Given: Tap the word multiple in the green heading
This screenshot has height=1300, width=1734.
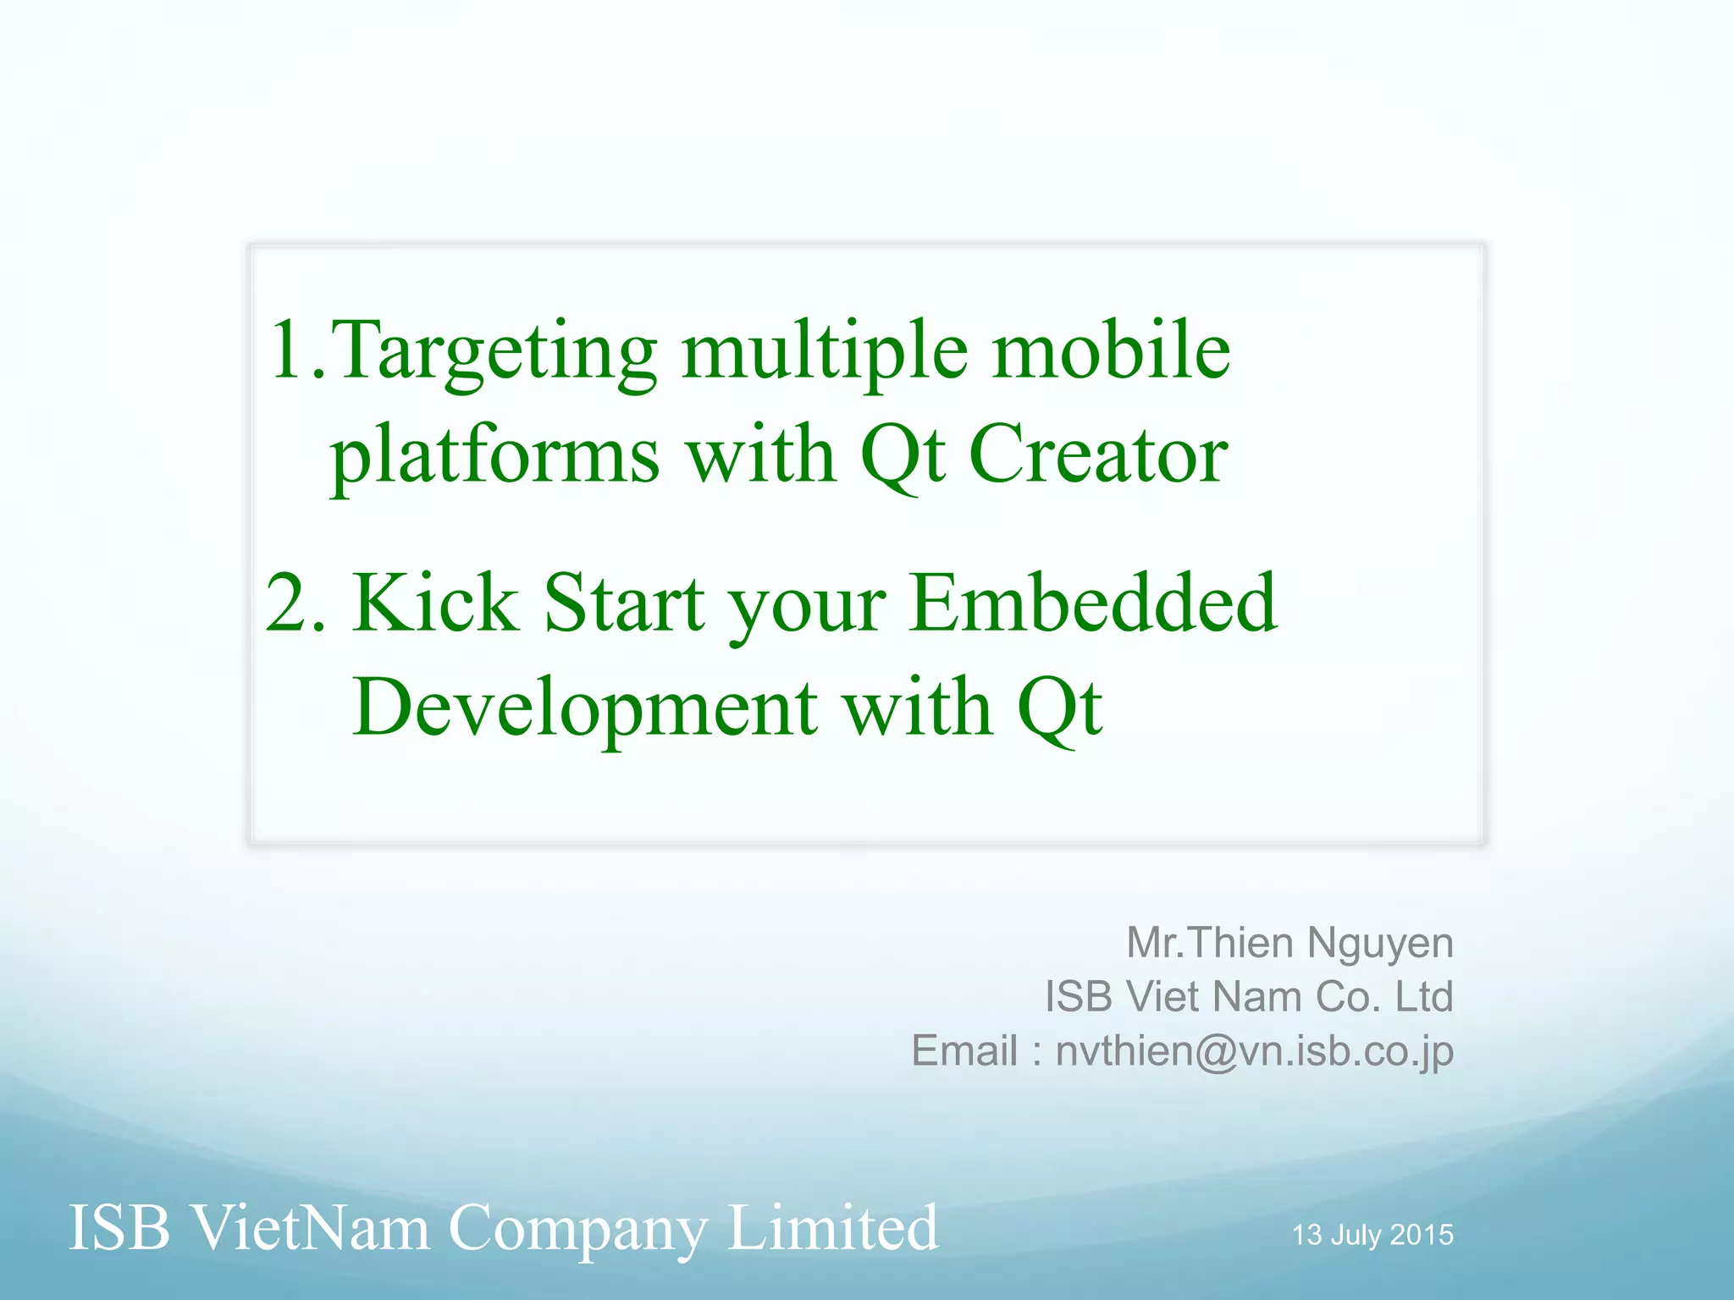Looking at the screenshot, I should [x=825, y=354].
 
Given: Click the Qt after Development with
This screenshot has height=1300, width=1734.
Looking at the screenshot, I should [x=1059, y=709].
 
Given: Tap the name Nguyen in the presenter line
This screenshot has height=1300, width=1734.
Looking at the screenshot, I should [x=1379, y=944].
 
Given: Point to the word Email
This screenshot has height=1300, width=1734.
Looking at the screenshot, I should [x=964, y=1051].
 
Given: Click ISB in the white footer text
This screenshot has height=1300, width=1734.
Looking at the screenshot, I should [x=119, y=1228].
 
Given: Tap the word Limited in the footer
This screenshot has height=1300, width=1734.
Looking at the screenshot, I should [x=832, y=1228].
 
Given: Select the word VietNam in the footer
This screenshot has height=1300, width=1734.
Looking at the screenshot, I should [x=311, y=1228].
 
